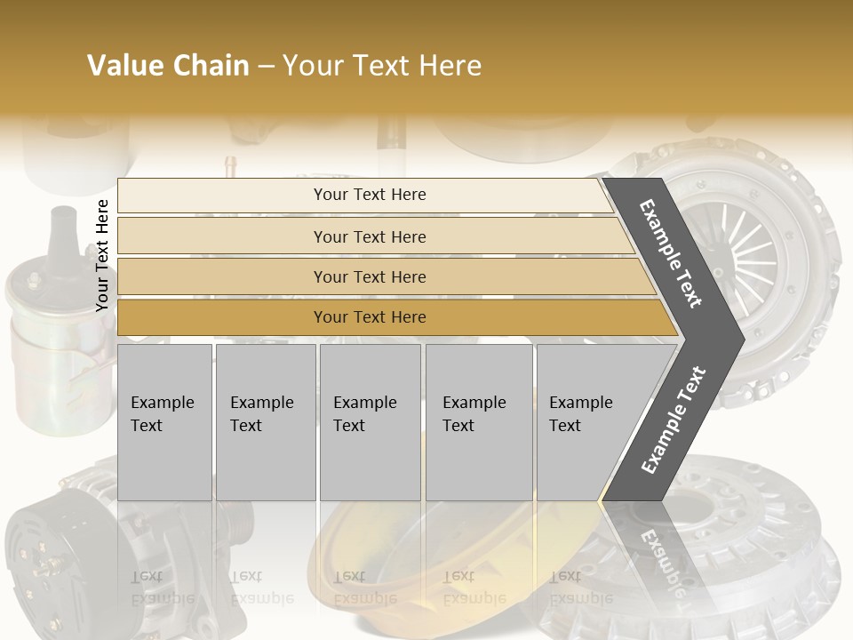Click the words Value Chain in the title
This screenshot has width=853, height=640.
[x=168, y=66]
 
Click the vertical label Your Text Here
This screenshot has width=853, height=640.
[x=102, y=255]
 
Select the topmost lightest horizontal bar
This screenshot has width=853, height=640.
[x=364, y=195]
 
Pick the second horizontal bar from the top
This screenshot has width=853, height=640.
[x=373, y=236]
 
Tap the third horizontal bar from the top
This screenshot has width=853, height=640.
[x=382, y=276]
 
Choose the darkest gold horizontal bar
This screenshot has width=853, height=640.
[x=391, y=317]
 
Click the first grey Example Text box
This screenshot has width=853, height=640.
[x=164, y=421]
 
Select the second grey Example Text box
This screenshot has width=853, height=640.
[x=265, y=421]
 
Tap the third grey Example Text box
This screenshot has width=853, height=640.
[x=370, y=421]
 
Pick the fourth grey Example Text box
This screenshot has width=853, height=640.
[x=478, y=421]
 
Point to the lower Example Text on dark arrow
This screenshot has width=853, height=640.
[x=674, y=420]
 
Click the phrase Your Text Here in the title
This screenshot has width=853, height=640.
[x=382, y=66]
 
